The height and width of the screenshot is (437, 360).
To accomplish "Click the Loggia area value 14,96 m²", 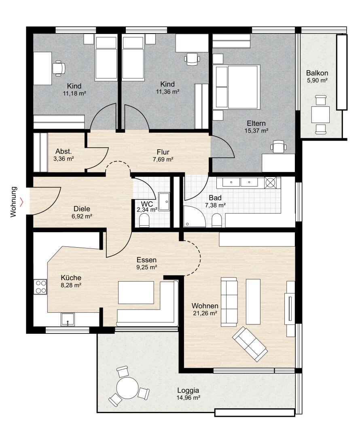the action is pos(188,398).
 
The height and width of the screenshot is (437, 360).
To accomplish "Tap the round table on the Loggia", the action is pos(127,388).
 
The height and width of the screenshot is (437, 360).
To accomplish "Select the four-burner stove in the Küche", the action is pos(40,287).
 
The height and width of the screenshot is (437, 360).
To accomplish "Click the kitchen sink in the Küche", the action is pos(68,319).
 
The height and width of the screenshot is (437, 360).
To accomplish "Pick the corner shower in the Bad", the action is pos(194,216).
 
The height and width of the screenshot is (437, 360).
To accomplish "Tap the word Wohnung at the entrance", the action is pos(13,202).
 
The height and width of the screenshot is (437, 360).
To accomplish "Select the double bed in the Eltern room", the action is pos(237,87).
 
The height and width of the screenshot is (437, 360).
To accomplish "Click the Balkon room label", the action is pos(317,73).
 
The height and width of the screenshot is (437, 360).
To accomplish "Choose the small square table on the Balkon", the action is pos(320,115).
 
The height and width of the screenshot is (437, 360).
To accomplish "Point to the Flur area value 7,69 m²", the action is pos(163,159).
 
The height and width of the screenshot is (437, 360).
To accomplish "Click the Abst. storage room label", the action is pos(64,151).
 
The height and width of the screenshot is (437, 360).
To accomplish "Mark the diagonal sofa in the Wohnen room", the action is pos(250,344).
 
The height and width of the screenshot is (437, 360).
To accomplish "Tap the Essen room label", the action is pos(146,260).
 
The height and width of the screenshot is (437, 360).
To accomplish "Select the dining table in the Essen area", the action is pos(136,293).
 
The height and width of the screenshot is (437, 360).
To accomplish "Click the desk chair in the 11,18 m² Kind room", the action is pos(59,68).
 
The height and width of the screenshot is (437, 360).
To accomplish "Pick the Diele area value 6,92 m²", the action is pos(82,216).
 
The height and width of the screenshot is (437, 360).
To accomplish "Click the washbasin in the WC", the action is pos(164,201).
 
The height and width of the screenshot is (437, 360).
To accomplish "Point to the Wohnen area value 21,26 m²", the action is pos(205,313).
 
